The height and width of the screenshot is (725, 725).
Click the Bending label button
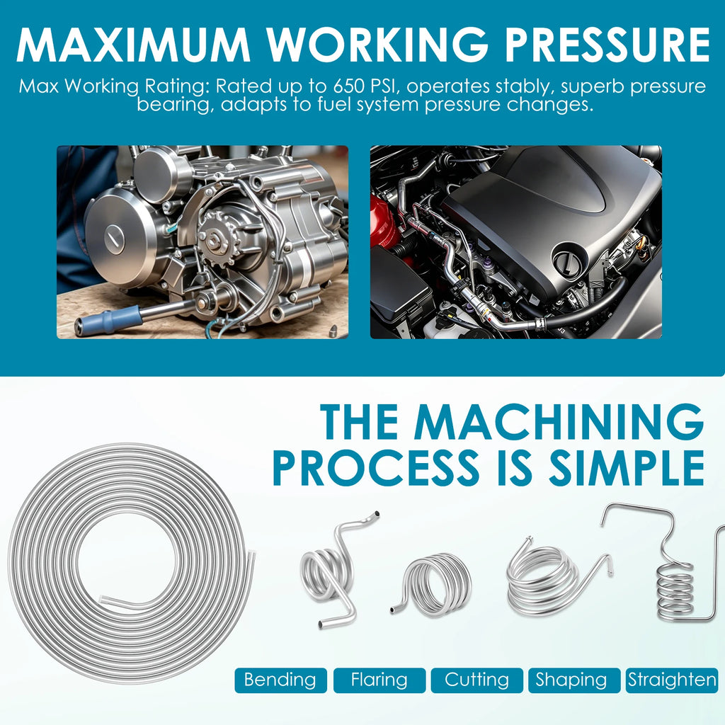click(280, 680)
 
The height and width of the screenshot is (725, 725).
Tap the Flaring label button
click(379, 680)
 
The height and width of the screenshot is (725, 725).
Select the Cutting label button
click(476, 680)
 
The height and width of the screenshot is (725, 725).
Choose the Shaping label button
click(573, 680)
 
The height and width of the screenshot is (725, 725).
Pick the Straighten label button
click(671, 680)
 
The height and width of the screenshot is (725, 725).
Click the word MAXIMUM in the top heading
click(133, 45)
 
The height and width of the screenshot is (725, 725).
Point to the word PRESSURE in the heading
click(607, 45)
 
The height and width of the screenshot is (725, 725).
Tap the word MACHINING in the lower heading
click(559, 421)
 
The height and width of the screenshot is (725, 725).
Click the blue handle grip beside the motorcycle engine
click(108, 320)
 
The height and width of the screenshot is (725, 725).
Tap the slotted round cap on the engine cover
click(114, 236)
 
